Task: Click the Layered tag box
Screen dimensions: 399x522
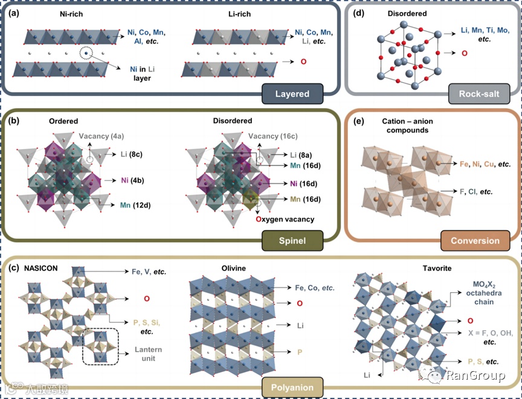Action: (x=292, y=94)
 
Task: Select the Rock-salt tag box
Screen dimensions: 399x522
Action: (x=479, y=94)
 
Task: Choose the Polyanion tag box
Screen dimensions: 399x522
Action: (x=292, y=386)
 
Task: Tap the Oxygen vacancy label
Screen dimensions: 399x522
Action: (x=285, y=219)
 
